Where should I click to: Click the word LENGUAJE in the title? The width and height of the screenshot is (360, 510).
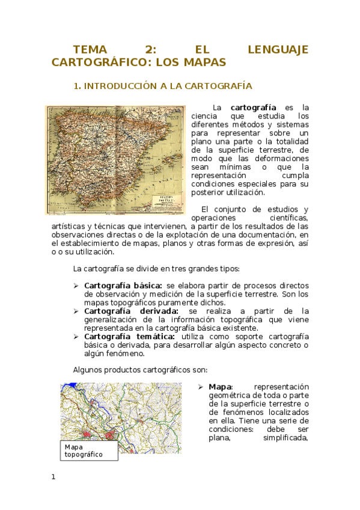point(278,49)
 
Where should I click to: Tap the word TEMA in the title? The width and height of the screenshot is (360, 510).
point(90,49)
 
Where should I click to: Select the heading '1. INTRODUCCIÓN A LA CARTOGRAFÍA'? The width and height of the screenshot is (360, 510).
point(162,86)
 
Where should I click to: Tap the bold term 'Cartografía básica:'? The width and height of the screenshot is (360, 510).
point(123,285)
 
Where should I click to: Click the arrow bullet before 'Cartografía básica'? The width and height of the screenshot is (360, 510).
point(76,285)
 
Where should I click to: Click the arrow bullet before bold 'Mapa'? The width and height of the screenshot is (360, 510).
point(201,387)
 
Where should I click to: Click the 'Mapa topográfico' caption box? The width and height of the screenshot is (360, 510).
point(90,451)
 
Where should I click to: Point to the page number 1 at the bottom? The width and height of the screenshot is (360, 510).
point(53,477)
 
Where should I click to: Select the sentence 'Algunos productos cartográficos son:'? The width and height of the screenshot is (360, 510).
point(140,370)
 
